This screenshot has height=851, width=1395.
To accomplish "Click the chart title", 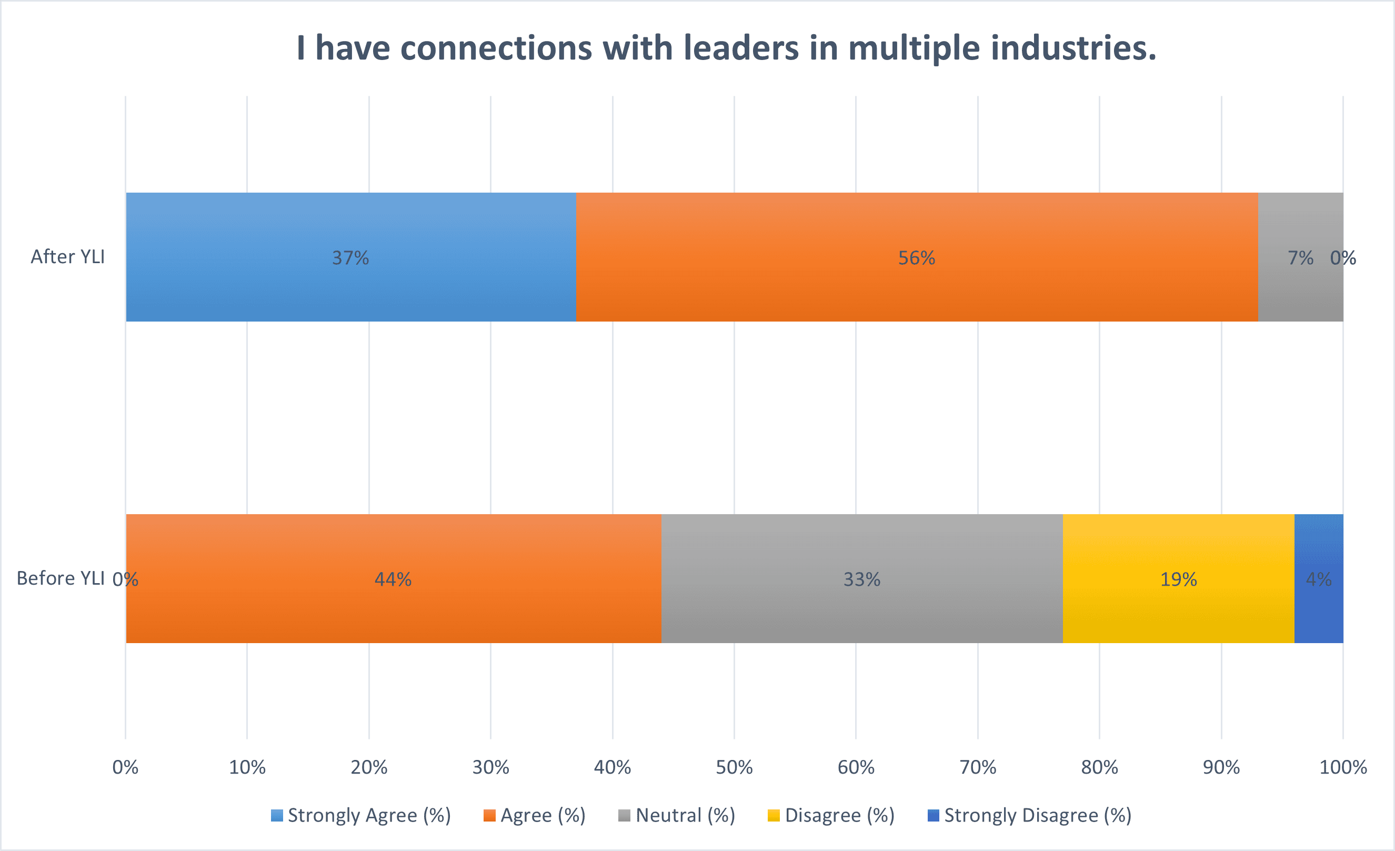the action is [726, 47].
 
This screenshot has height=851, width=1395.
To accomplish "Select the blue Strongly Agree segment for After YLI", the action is [351, 257].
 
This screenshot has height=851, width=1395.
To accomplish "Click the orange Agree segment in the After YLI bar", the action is [917, 257].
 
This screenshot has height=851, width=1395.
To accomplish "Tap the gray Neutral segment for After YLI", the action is [1301, 257].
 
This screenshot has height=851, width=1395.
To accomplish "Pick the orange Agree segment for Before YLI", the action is [394, 579].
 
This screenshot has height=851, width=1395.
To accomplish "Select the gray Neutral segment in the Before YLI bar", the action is [862, 579].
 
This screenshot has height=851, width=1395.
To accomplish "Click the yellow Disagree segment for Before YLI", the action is [1179, 579].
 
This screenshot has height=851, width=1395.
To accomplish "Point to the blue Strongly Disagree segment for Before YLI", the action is [1319, 579].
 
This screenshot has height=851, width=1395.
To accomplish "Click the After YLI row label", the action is [68, 256].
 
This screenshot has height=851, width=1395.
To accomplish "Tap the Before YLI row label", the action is [61, 578].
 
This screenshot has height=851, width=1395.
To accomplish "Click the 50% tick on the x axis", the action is [734, 767].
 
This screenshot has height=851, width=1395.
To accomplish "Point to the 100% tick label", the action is [1343, 767].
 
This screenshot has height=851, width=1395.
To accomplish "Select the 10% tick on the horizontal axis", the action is [247, 767].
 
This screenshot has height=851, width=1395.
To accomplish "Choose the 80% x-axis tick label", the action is [1099, 767].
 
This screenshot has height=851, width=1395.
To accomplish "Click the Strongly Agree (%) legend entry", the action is [361, 815].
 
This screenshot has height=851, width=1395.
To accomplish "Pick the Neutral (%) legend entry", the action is [677, 815].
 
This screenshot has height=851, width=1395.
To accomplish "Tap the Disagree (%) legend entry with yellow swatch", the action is [831, 815].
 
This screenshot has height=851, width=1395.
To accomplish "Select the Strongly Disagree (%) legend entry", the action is [1030, 815].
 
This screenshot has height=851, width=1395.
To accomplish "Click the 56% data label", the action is [917, 258].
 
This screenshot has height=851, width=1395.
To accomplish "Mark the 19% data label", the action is [1179, 579].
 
